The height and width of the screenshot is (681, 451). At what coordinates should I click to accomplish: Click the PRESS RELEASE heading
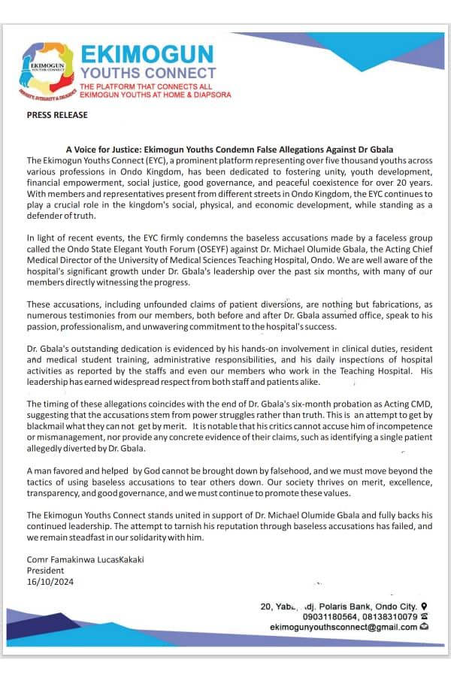click(x=57, y=115)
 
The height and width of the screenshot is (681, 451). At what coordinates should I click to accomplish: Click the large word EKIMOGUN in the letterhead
click(x=147, y=54)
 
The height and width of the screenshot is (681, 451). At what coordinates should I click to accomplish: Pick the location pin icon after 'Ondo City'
click(x=425, y=606)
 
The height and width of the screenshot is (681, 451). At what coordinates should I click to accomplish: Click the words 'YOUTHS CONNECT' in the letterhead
click(x=147, y=73)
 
